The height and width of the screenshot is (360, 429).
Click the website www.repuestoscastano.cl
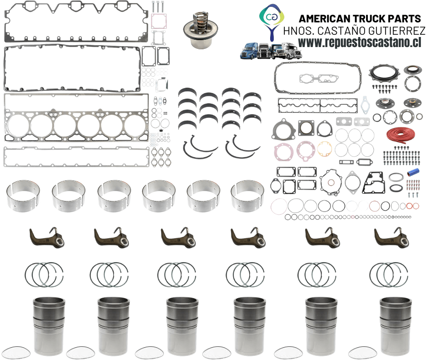[x=359, y=42]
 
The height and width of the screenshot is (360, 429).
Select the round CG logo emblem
[x=272, y=16]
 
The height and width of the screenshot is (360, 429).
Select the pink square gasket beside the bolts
[x=159, y=21]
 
